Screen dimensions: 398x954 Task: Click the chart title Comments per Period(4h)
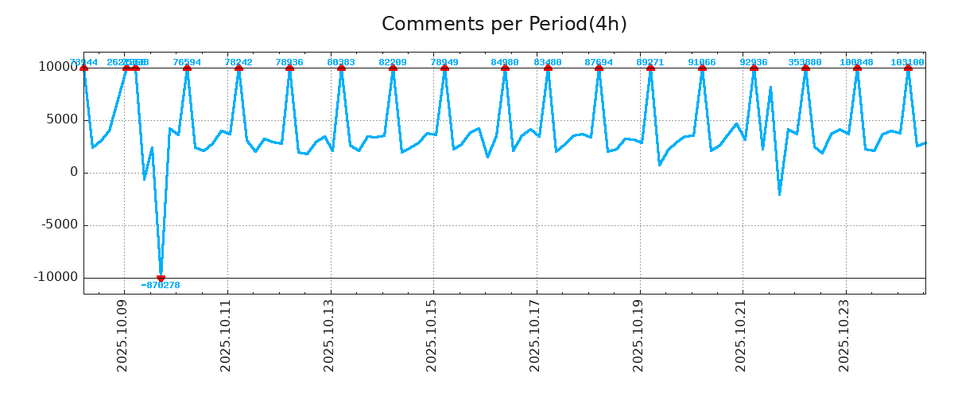[504, 24]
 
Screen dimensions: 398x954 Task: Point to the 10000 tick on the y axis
[58, 67]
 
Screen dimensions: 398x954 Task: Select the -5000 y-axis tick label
[56, 224]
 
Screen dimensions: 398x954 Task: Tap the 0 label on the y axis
[74, 172]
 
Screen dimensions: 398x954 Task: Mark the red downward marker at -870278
[161, 278]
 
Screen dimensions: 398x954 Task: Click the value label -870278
[161, 285]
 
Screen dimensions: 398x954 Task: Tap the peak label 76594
[187, 62]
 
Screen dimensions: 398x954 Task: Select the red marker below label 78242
[238, 68]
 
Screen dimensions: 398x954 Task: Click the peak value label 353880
[805, 62]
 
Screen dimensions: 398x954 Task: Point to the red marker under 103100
[908, 68]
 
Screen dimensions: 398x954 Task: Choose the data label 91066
[702, 62]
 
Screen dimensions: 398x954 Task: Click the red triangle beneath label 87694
[599, 68]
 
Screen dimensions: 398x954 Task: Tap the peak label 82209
[393, 62]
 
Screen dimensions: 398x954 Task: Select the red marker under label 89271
[650, 68]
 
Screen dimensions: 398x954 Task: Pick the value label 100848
[856, 62]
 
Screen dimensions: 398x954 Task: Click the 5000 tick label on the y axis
[62, 119]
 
